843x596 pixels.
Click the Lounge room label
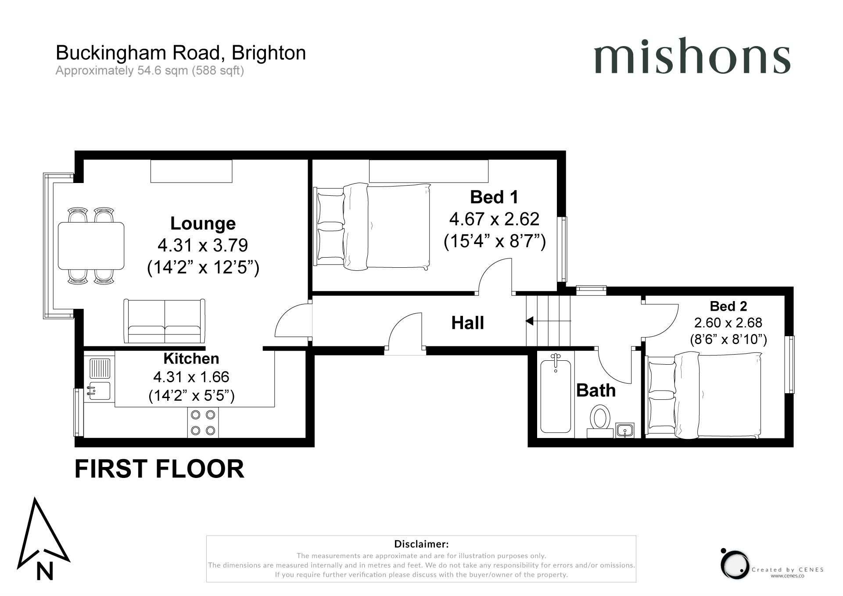tap(203, 223)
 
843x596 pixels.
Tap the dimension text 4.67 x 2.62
tap(494, 219)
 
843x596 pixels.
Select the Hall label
tap(468, 323)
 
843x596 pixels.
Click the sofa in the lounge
tap(165, 321)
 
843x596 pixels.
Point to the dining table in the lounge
tap(91, 246)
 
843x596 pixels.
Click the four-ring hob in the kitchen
tap(203, 422)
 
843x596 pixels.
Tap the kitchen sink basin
tap(99, 391)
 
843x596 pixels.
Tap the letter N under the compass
tap(44, 571)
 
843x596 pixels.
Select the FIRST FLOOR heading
tap(159, 469)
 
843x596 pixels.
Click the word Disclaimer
tap(421, 544)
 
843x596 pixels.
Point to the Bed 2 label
tap(728, 306)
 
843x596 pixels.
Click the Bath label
tap(596, 390)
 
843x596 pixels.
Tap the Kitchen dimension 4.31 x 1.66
tap(191, 377)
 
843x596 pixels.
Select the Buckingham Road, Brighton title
tap(181, 53)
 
